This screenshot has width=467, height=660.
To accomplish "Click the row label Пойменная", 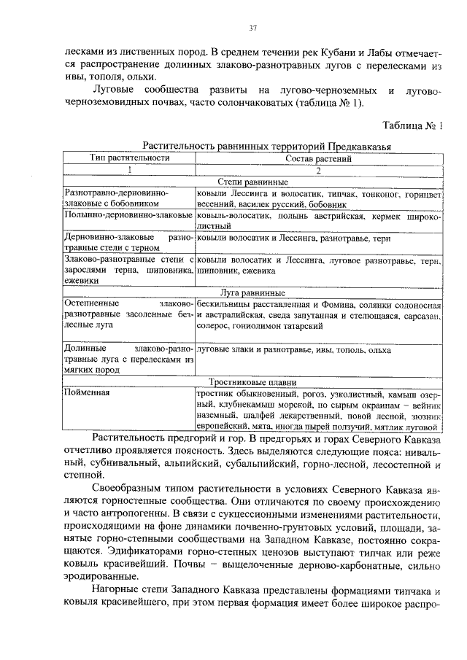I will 90,393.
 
